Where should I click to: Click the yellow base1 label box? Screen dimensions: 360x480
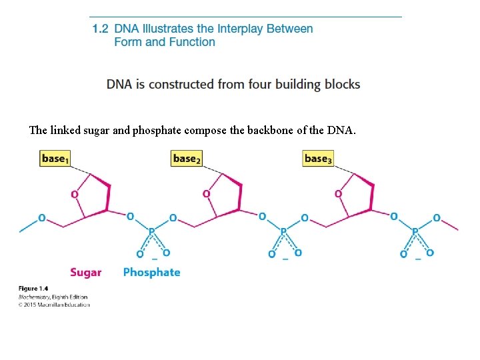[x=55, y=159]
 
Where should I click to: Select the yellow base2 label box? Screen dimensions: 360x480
[x=187, y=159]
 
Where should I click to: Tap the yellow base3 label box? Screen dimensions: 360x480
[x=318, y=159]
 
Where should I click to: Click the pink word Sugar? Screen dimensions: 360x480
[x=86, y=272]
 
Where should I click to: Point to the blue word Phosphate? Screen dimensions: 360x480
[x=151, y=272]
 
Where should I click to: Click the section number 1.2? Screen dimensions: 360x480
[x=100, y=29]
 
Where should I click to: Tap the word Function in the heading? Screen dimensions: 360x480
[x=192, y=42]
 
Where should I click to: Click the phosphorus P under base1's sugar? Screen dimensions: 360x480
[x=151, y=232]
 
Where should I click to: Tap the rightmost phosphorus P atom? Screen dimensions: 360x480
[x=415, y=232]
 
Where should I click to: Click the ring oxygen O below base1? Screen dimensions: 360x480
[x=74, y=194]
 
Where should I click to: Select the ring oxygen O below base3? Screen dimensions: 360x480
[x=338, y=194]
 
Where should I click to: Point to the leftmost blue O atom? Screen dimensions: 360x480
[x=42, y=217]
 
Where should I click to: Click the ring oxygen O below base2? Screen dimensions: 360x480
[x=206, y=194]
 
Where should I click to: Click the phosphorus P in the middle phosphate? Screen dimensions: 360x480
[x=283, y=232]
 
